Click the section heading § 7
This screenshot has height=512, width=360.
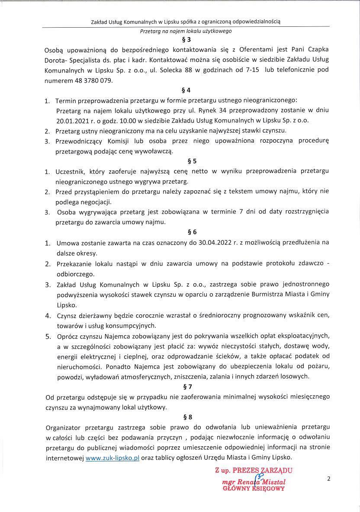pos(188,386)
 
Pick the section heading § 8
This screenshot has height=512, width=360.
pos(188,417)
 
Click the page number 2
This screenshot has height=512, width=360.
pos(329,479)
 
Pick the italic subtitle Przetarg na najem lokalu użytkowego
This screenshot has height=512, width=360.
pos(186,31)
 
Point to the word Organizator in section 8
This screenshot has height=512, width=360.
pos(67,427)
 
